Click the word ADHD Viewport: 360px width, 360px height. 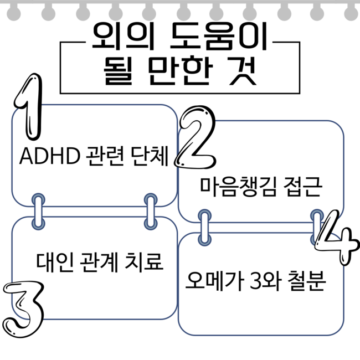(x=50, y=156)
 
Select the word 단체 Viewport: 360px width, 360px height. (x=150, y=156)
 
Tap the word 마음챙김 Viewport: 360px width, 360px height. (x=239, y=187)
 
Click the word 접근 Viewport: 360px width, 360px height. (x=303, y=187)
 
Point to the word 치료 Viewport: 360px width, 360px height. (x=144, y=262)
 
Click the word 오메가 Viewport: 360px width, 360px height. (x=214, y=281)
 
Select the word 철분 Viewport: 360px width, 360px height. (x=307, y=281)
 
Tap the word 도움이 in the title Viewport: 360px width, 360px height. (x=219, y=36)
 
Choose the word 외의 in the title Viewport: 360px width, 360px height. (x=123, y=36)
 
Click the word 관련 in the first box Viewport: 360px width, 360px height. (x=105, y=156)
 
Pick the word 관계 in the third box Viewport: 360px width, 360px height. (x=99, y=262)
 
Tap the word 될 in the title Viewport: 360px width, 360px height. (x=118, y=70)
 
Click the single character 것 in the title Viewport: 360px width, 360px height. (x=243, y=70)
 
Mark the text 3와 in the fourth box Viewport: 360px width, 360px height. (x=265, y=281)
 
